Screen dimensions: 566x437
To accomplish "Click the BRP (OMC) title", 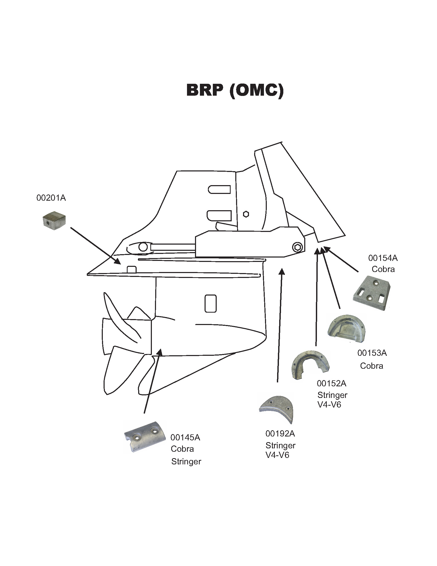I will click(x=235, y=90).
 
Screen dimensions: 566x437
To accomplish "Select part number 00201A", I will click(x=51, y=198).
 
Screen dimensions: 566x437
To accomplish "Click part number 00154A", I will click(x=383, y=258).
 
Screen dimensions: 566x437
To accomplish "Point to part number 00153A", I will click(x=372, y=353).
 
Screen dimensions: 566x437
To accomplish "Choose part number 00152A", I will click(x=331, y=383).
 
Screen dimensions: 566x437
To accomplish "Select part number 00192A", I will click(x=280, y=433).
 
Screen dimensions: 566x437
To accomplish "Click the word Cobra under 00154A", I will click(x=383, y=269).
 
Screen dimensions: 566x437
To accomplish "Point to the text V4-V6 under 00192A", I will click(x=277, y=455).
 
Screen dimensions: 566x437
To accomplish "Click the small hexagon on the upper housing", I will click(x=246, y=214).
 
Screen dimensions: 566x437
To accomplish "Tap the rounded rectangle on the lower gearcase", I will click(x=210, y=304).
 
